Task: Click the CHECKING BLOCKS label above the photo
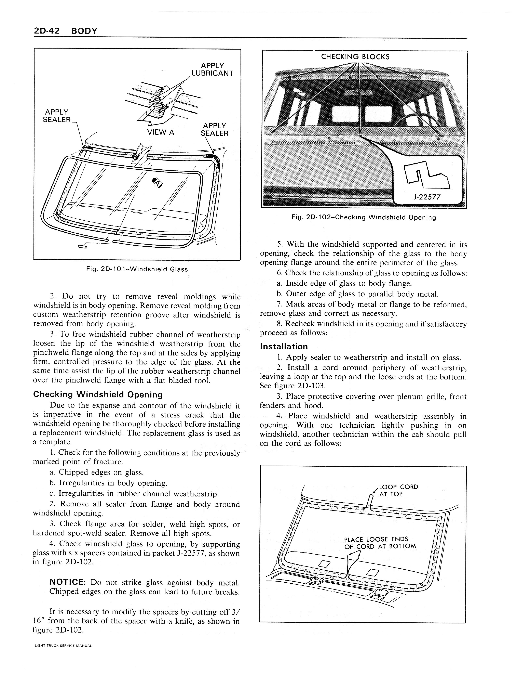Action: point(355,57)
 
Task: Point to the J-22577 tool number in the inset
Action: point(427,197)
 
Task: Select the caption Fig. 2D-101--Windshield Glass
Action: point(137,269)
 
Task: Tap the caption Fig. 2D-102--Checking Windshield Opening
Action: point(364,217)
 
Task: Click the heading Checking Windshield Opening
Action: point(98,394)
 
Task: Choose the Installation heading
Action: point(284,347)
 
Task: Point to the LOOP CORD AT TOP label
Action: point(398,491)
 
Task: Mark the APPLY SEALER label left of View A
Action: point(57,116)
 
